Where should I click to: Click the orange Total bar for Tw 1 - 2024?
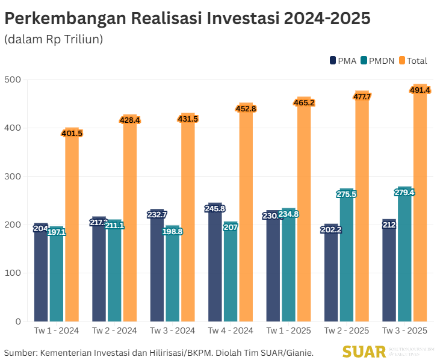pyautogui.click(x=72, y=229)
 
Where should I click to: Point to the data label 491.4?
pyautogui.click(x=420, y=90)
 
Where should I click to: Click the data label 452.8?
pyautogui.click(x=246, y=109)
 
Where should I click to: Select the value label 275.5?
pyautogui.click(x=347, y=194)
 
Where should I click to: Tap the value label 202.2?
pyautogui.click(x=331, y=229)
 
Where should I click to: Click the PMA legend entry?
pyautogui.click(x=342, y=60)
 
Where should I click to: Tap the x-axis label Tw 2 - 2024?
pyautogui.click(x=114, y=331)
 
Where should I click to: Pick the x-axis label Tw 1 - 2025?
pyautogui.click(x=288, y=331)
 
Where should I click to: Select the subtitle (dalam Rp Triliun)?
pyautogui.click(x=54, y=40)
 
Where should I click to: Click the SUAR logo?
pyautogui.click(x=363, y=352)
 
